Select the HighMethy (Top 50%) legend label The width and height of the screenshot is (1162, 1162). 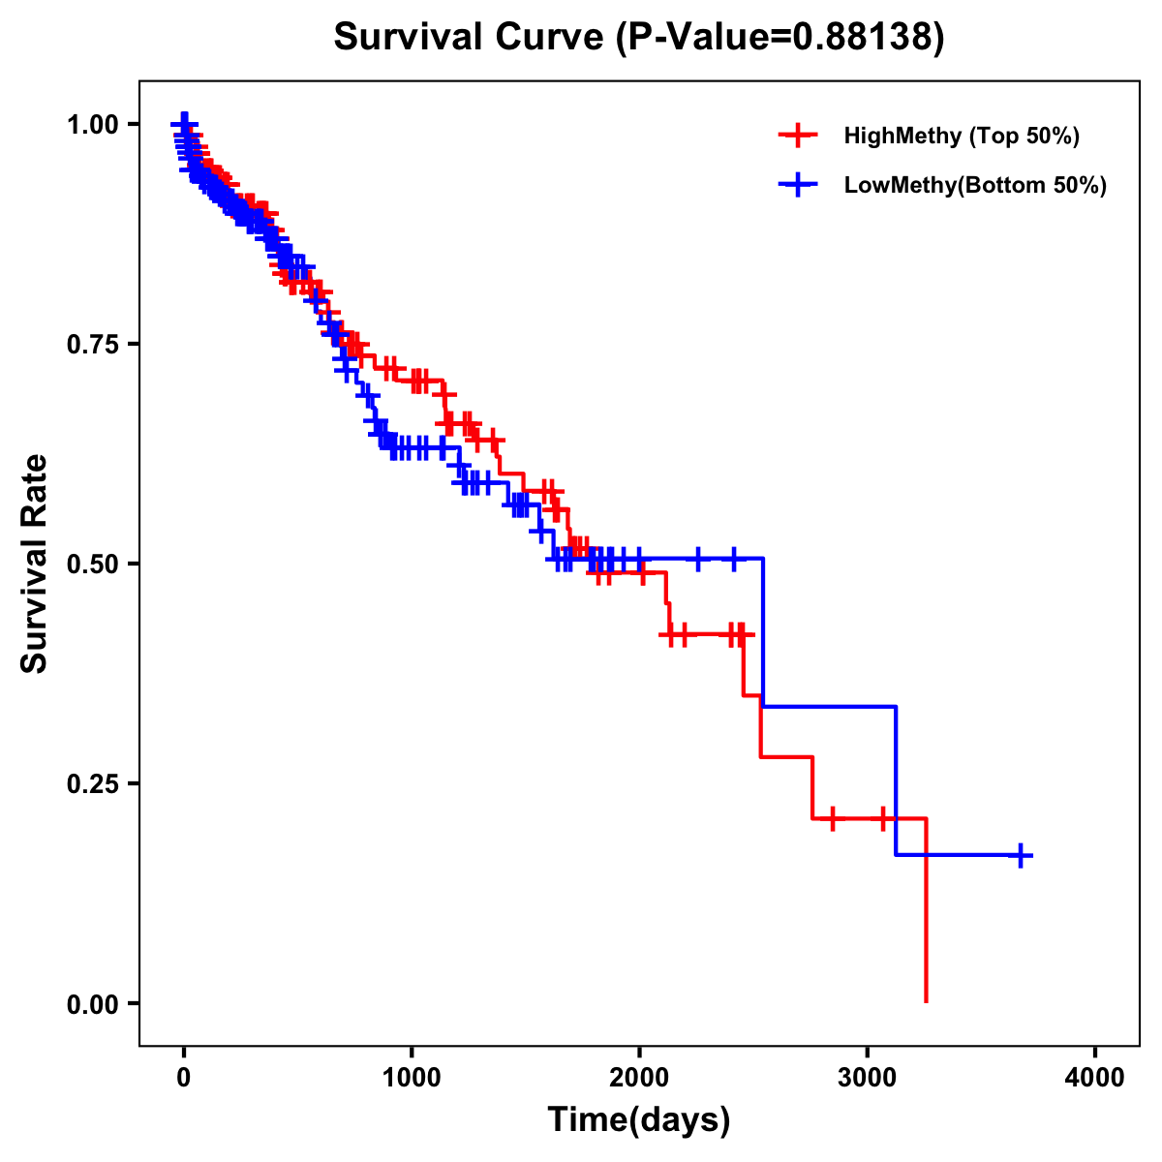961,136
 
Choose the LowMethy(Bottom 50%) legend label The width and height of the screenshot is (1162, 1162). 974,185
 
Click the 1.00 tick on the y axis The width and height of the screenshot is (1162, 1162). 94,125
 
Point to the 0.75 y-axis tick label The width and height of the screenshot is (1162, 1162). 94,345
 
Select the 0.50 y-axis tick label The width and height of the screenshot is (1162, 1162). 94,564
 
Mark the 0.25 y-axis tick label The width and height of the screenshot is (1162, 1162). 94,783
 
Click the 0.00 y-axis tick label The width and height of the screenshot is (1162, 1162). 94,1003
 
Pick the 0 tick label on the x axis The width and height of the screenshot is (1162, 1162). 184,1077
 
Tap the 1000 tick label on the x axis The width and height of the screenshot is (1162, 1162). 412,1077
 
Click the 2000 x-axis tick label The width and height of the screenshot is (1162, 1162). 639,1077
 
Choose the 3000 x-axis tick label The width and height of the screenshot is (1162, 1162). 868,1077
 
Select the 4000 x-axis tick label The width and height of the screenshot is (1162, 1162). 1095,1077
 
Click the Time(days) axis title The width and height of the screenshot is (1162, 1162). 639,1120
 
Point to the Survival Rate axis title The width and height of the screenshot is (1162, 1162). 35,564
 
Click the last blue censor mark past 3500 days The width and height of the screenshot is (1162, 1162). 1021,855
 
